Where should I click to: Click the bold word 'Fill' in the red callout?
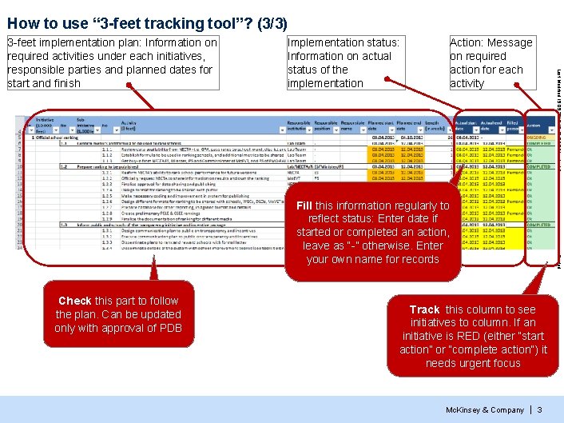[x=304, y=206]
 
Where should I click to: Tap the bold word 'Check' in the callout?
[x=75, y=301]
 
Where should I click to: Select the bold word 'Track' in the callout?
[x=424, y=309]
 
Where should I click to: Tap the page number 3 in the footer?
[x=539, y=409]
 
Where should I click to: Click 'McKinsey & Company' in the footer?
[x=485, y=409]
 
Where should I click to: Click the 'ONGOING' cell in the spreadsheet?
[x=537, y=137]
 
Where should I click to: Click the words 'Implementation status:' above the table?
[x=343, y=42]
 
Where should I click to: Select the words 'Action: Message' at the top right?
[x=491, y=42]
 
